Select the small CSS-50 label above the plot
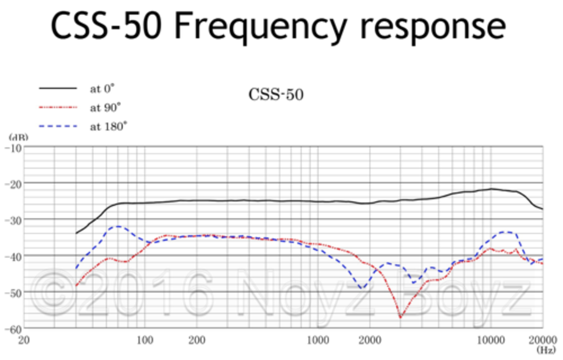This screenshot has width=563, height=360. tap(276, 95)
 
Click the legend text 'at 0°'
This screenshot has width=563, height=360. tap(102, 89)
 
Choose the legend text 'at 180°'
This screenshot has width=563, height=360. tap(108, 127)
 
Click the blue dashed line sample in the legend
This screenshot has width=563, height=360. tap(58, 127)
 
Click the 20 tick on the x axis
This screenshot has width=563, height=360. tap(25, 340)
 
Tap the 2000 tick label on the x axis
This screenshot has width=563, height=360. tap(369, 340)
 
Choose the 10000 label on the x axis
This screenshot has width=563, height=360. tap(491, 340)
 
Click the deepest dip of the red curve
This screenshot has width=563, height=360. tap(400, 317)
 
